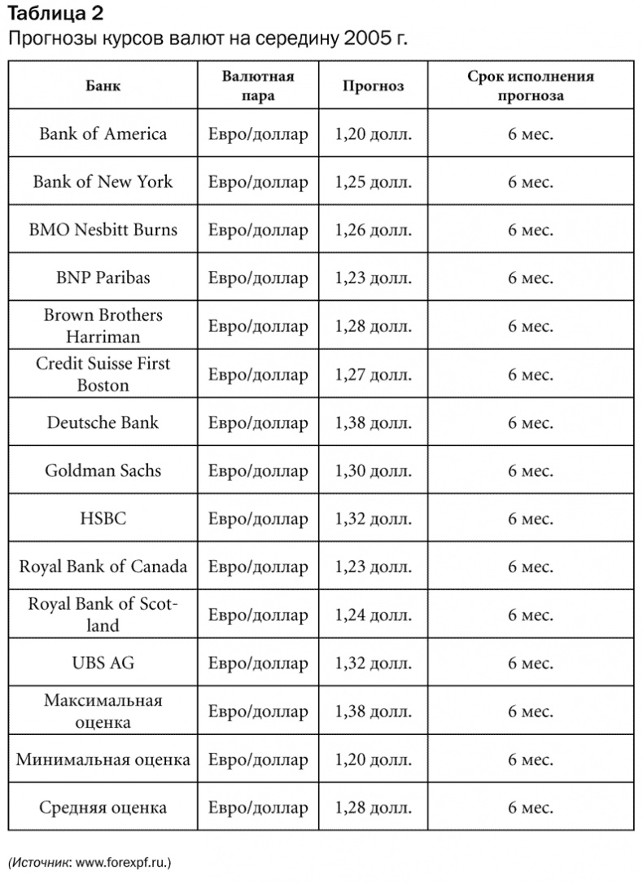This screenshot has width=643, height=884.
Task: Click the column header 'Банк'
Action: point(103,85)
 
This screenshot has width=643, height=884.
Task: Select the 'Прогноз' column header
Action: point(373,85)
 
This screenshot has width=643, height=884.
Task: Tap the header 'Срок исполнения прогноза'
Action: point(530,85)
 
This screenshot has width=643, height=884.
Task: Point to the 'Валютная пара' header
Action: point(258,85)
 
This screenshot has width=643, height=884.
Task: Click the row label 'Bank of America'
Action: point(103,134)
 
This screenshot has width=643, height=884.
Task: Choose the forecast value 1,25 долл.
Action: point(373,182)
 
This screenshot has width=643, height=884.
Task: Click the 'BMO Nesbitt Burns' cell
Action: point(103,230)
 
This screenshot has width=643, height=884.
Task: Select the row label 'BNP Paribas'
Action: point(103,278)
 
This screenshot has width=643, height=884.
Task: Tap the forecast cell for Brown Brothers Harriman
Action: point(373,326)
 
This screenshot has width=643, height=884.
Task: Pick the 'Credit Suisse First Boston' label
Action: point(103,374)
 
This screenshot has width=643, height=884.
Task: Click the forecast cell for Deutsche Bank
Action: point(373,423)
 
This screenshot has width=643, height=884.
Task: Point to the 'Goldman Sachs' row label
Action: point(103,471)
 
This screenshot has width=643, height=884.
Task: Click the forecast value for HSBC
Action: point(373,519)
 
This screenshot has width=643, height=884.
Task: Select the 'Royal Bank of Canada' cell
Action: point(103,567)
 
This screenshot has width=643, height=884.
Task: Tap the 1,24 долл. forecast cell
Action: point(373,615)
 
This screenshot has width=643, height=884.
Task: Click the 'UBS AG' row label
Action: point(103,663)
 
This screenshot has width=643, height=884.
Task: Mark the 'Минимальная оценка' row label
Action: point(103,760)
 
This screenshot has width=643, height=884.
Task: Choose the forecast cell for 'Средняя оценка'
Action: point(373,808)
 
